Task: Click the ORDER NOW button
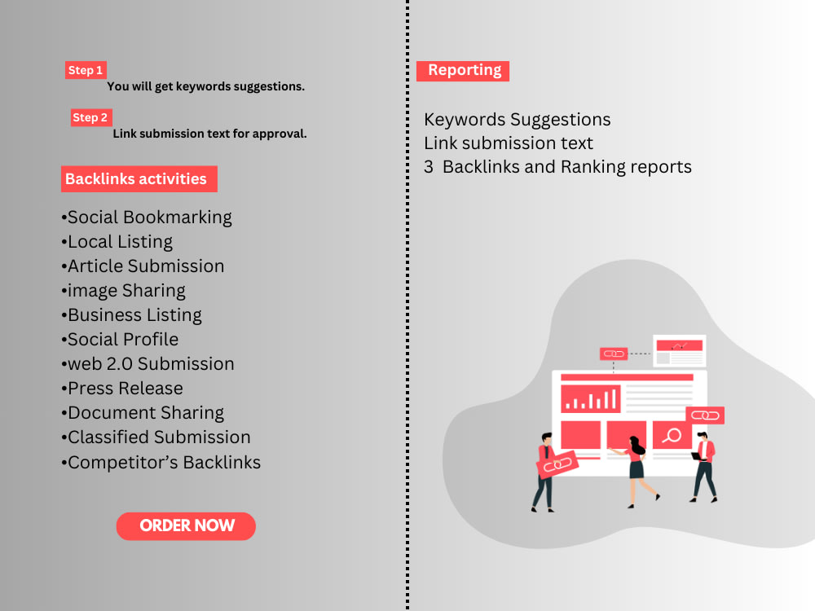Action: pyautogui.click(x=186, y=525)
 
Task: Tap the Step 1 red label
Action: pyautogui.click(x=86, y=70)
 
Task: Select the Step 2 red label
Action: pyautogui.click(x=91, y=117)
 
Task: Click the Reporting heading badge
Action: pyautogui.click(x=463, y=71)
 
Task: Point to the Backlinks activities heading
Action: pyautogui.click(x=139, y=178)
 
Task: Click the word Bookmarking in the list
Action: pyautogui.click(x=177, y=218)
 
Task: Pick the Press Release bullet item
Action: pyautogui.click(x=122, y=388)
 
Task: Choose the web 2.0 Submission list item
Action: pyautogui.click(x=148, y=363)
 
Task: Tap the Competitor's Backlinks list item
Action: pyautogui.click(x=161, y=462)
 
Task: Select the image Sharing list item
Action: pyautogui.click(x=123, y=291)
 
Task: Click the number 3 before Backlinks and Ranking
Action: pyautogui.click(x=429, y=167)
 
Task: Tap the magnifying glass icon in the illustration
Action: pyautogui.click(x=672, y=435)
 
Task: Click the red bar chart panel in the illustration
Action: pyautogui.click(x=590, y=398)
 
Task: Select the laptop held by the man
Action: pyautogui.click(x=696, y=457)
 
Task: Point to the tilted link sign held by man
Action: pyautogui.click(x=557, y=464)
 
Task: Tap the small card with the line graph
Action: pyautogui.click(x=680, y=351)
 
